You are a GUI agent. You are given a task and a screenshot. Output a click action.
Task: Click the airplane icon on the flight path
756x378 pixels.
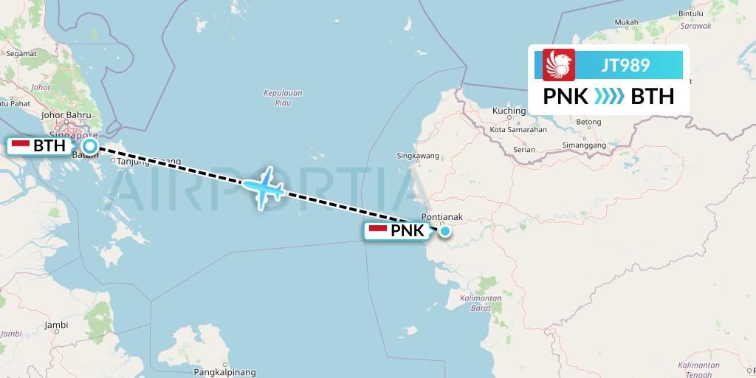tap(264, 187)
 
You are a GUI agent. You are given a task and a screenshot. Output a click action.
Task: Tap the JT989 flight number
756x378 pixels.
tap(625, 65)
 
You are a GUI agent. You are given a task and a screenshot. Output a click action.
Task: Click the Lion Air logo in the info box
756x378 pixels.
tap(559, 65)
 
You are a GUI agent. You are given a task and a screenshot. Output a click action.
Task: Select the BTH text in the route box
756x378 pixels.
tap(653, 97)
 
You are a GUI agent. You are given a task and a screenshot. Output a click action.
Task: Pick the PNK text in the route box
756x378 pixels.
tap(566, 97)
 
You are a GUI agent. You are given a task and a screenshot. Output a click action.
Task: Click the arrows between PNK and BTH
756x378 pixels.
tap(609, 97)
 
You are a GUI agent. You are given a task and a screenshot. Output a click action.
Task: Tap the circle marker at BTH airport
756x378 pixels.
tap(89, 146)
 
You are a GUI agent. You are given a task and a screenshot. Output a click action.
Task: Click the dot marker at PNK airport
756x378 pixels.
tap(446, 232)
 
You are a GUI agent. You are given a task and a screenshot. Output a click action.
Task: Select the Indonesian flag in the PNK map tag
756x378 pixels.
tap(377, 231)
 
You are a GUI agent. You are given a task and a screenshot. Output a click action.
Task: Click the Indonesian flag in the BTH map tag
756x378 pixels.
tap(20, 145)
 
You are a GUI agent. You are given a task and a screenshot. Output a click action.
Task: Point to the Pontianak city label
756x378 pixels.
tap(441, 217)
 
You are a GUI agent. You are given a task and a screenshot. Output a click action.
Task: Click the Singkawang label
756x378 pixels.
tap(418, 156)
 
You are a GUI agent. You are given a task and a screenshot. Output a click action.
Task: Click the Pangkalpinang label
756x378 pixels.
tap(224, 373)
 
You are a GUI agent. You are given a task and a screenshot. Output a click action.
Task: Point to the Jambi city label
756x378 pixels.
tap(56, 325)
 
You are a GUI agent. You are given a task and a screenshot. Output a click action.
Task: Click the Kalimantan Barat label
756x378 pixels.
tap(479, 303)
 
